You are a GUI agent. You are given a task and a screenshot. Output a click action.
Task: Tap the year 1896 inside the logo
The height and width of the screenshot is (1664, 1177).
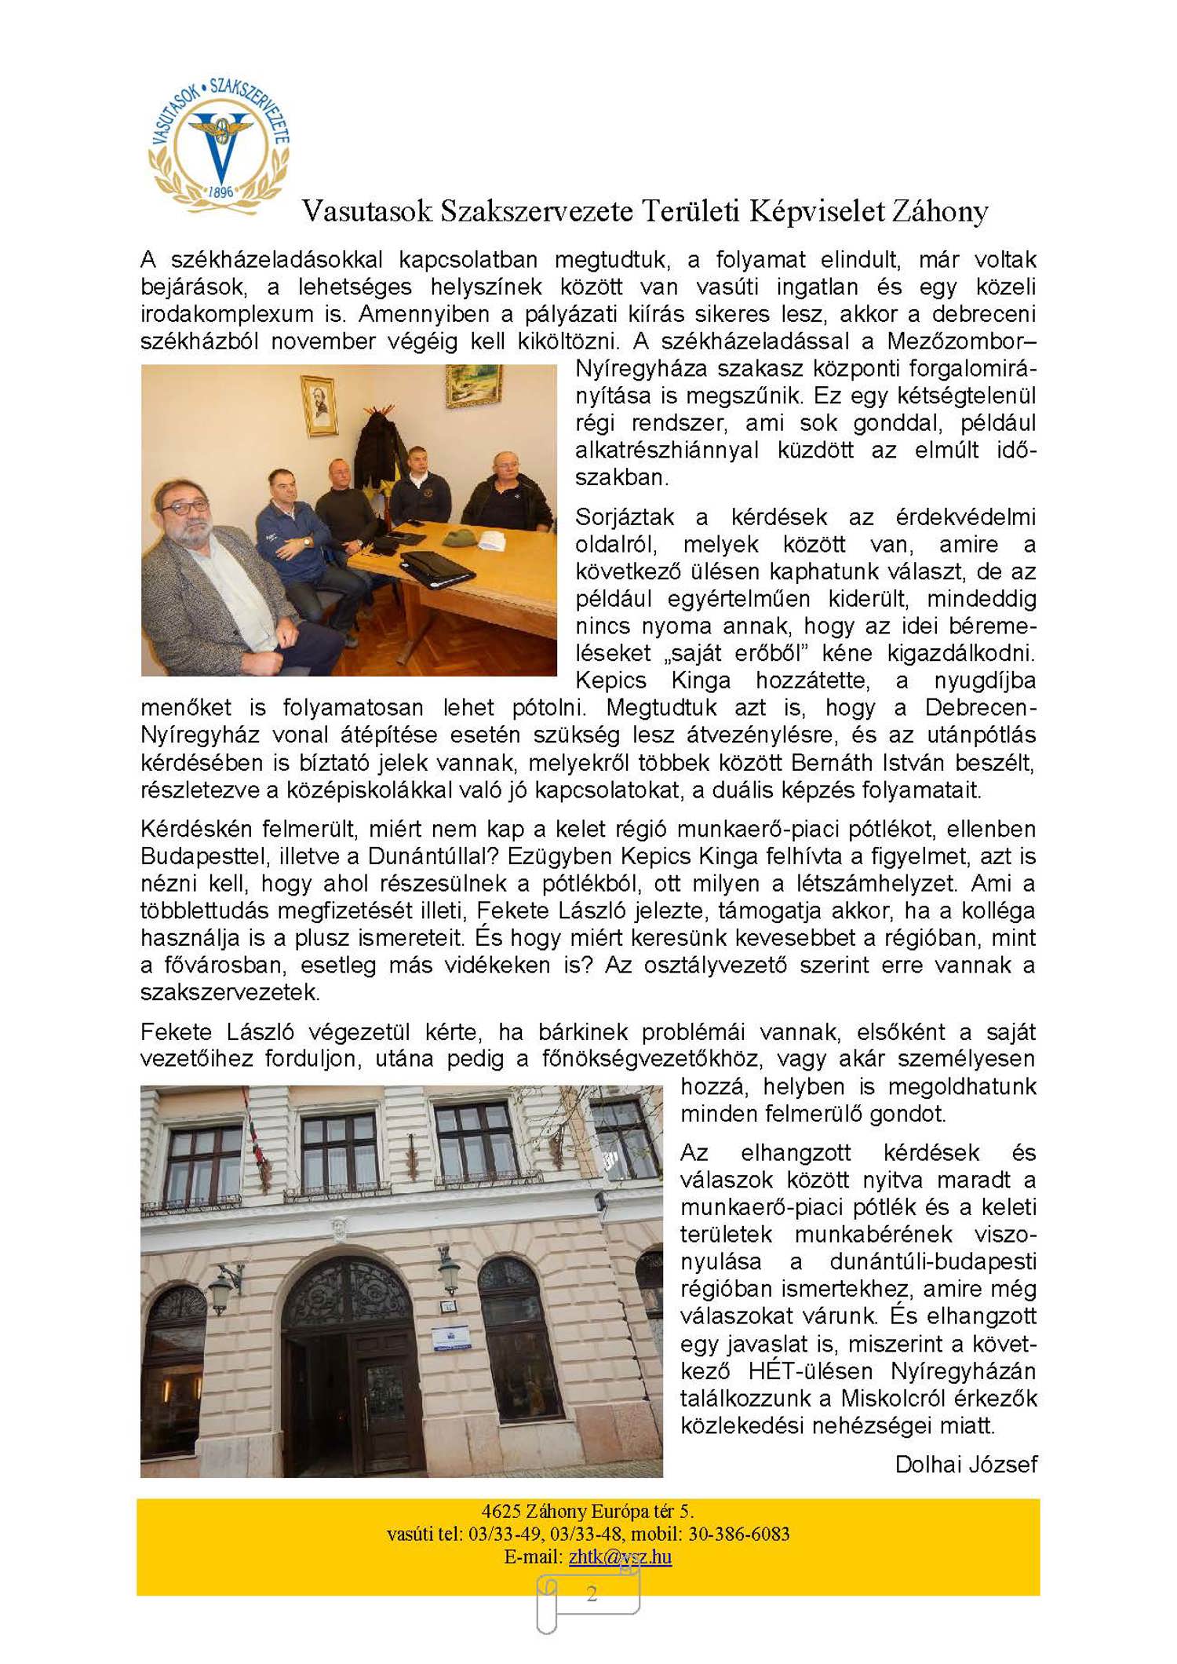(x=220, y=192)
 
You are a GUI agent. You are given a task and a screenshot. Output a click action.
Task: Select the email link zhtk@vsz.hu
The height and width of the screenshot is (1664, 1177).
(x=620, y=1556)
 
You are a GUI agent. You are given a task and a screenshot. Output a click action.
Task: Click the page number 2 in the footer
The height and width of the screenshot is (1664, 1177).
(x=592, y=1593)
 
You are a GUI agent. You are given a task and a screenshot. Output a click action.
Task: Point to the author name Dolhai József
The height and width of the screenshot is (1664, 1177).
(x=966, y=1464)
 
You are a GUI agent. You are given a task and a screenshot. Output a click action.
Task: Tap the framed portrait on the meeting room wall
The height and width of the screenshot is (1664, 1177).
(x=319, y=404)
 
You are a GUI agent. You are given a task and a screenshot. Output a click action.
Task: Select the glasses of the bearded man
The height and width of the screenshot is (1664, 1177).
(x=185, y=508)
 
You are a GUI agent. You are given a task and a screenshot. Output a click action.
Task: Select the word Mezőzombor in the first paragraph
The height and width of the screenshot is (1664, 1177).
(x=956, y=341)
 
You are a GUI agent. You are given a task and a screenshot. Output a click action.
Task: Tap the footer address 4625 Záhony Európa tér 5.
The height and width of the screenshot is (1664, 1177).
(x=588, y=1511)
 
